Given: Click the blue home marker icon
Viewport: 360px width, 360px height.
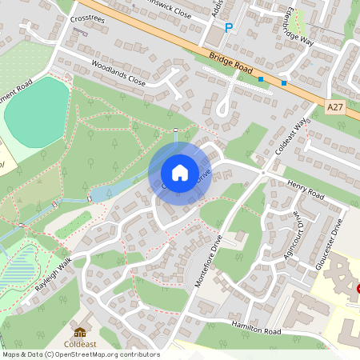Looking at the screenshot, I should pyautogui.click(x=180, y=172).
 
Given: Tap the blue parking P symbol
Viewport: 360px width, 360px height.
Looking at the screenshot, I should pyautogui.click(x=228, y=28).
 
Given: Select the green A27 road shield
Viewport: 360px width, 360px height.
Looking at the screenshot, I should pyautogui.click(x=337, y=105).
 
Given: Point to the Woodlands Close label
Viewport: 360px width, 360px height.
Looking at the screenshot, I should pyautogui.click(x=118, y=73).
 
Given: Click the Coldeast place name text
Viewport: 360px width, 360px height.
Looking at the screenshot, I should pyautogui.click(x=80, y=345).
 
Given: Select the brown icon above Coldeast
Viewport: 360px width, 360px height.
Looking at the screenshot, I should pyautogui.click(x=80, y=331).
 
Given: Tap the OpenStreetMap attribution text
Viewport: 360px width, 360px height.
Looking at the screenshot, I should pyautogui.click(x=80, y=354).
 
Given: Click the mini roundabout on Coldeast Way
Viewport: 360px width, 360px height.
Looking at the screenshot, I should pyautogui.click(x=263, y=171).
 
